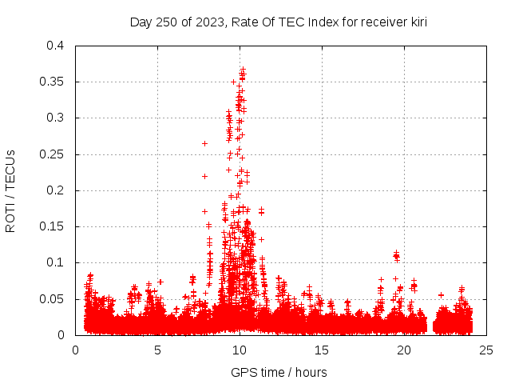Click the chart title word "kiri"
pos(416,22)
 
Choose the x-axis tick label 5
pos(158,350)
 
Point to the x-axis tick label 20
pos(405,350)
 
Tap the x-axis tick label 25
pos(487,350)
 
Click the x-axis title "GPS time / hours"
pos(279,372)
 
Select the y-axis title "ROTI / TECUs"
pos(11,190)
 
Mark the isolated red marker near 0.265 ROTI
pos(204,143)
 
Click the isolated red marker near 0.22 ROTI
pos(204,176)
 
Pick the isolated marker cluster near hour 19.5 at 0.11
pos(396,256)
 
